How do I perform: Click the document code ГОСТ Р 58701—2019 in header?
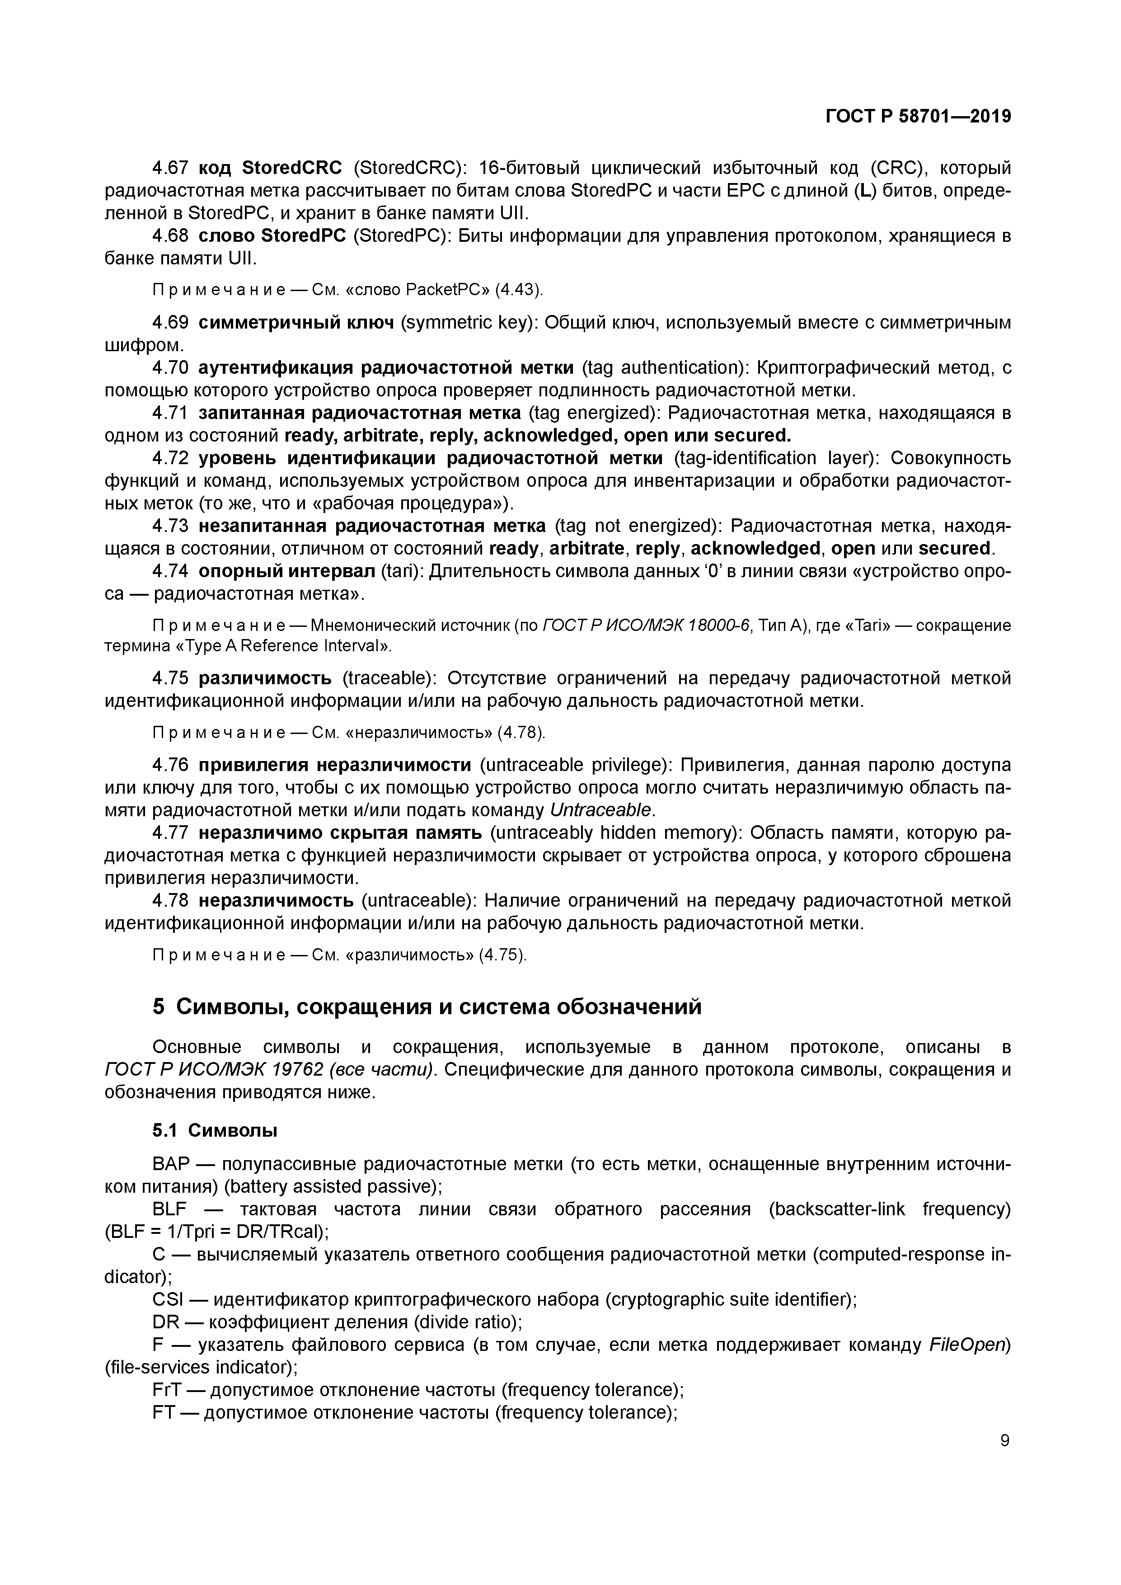(918, 117)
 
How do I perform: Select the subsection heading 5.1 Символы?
(215, 1130)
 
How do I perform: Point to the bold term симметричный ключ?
(296, 322)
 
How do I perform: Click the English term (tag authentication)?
(662, 367)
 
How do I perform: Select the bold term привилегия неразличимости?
(335, 765)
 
